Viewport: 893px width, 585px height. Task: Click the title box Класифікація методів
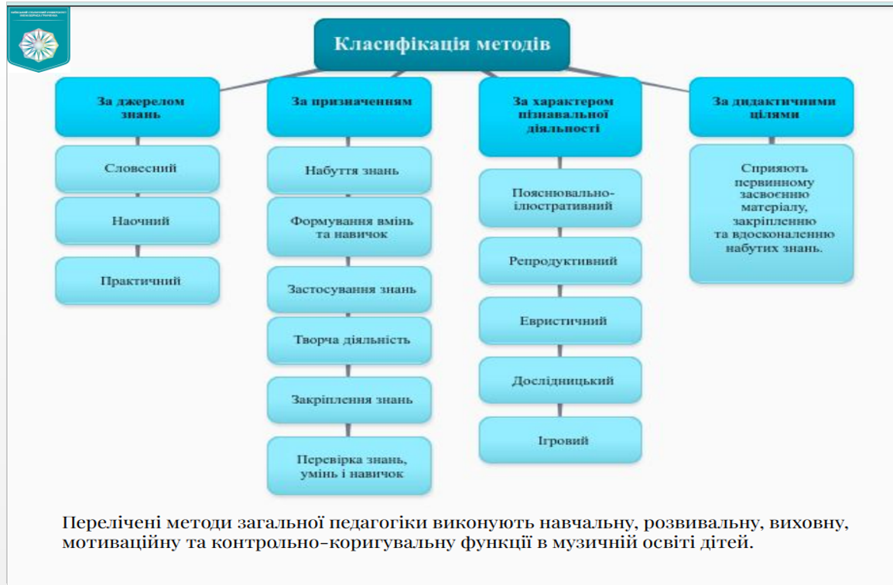(x=442, y=44)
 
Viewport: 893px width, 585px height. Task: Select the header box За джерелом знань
(x=138, y=107)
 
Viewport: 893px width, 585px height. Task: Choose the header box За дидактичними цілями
(x=772, y=107)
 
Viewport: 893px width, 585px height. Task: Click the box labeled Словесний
(x=138, y=168)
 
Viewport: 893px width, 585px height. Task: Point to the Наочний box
(x=138, y=221)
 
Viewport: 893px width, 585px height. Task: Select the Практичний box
(x=138, y=280)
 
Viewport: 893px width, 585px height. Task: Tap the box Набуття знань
(x=349, y=170)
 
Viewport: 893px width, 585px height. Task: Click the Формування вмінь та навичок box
(x=349, y=227)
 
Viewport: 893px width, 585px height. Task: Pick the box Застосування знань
(x=349, y=289)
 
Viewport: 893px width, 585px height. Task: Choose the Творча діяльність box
(x=349, y=340)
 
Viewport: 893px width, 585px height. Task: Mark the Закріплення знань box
(x=349, y=400)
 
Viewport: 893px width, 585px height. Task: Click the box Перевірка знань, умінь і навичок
(x=349, y=466)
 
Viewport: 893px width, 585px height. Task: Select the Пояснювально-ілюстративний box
(x=560, y=199)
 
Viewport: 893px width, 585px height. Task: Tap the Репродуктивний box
(x=560, y=261)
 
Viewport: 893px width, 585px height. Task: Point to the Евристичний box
(x=560, y=320)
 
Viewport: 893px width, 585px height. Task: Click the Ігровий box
(x=560, y=440)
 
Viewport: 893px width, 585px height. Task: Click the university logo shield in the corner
(x=38, y=39)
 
